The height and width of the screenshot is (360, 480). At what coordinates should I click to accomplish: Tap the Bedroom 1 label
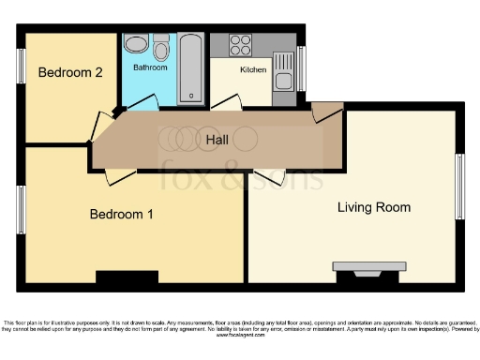pos(121,215)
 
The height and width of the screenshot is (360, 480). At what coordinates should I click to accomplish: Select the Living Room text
pos(373,207)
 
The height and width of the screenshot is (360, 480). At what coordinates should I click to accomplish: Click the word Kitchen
pos(254,70)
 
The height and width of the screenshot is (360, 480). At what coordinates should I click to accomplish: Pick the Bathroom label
pos(150,68)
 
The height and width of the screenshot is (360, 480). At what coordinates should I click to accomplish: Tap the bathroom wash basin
pos(136,44)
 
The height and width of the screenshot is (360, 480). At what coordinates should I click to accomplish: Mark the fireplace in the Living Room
pos(368,272)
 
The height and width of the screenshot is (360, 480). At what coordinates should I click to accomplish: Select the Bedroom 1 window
pos(21,208)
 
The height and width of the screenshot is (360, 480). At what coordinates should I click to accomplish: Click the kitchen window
pos(300,66)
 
